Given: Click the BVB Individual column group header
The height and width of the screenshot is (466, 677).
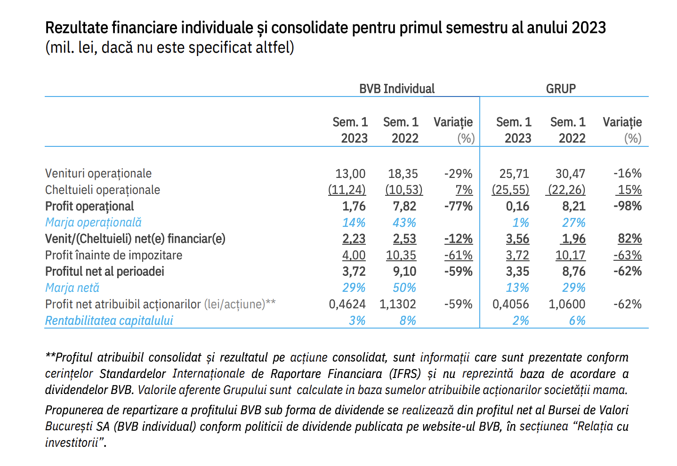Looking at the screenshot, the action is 396,89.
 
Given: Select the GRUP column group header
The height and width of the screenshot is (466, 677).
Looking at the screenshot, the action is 561,89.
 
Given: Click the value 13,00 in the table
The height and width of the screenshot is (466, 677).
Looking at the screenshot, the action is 350,174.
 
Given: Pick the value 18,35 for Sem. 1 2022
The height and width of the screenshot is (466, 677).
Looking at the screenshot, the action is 403,174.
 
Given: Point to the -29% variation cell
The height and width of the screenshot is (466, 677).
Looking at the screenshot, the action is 458,174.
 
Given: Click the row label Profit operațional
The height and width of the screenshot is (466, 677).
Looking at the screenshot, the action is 89,207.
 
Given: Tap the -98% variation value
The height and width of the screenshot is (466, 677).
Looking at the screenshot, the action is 628,206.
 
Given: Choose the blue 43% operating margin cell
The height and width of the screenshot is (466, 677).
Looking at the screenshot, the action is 404,223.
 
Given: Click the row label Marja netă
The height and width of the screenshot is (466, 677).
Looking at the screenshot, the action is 72,288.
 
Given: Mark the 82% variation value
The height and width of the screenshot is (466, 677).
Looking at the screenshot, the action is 630,239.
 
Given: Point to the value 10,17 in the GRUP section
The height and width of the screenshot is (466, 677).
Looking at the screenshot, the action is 570,256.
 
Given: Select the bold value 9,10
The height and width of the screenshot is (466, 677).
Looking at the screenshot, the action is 404,272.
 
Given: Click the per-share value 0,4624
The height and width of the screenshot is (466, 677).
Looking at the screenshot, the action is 347,304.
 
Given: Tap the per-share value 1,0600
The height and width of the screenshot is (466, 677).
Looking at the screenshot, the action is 567,304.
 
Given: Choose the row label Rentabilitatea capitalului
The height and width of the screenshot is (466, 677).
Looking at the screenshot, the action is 109,321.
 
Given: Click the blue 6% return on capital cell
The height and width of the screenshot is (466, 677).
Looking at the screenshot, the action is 577,321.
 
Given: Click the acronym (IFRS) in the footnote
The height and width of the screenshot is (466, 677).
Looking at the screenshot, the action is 405,374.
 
